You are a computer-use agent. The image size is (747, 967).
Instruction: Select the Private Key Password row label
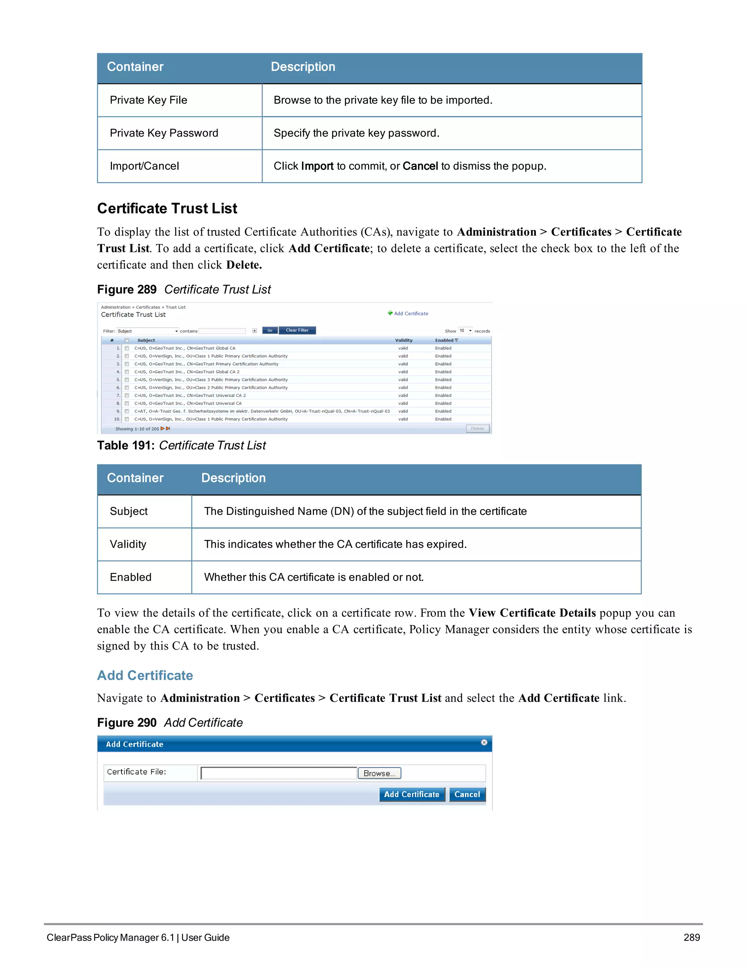tap(164, 133)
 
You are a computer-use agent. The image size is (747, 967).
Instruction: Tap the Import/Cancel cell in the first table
tap(144, 166)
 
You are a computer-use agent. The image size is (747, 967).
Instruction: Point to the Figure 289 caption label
tap(127, 290)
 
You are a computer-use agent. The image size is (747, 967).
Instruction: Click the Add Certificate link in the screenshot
tap(411, 313)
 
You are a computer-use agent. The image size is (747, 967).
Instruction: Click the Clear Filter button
tap(297, 330)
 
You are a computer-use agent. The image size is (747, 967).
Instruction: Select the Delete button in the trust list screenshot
tap(477, 429)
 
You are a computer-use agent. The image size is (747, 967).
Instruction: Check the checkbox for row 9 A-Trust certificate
tap(127, 411)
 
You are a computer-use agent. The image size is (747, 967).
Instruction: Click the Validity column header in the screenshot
tap(404, 340)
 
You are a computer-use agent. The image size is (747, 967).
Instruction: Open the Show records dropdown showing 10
tap(465, 331)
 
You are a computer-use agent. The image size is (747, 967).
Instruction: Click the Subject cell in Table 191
tap(129, 511)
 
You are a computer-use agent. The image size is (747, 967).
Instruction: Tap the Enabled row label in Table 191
tap(131, 577)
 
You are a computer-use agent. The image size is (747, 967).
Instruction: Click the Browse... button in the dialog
tap(379, 774)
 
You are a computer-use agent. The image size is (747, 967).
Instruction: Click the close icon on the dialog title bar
tap(484, 743)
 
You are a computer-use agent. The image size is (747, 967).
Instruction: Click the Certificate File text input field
tap(279, 774)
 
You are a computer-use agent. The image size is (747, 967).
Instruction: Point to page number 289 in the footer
tap(691, 937)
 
